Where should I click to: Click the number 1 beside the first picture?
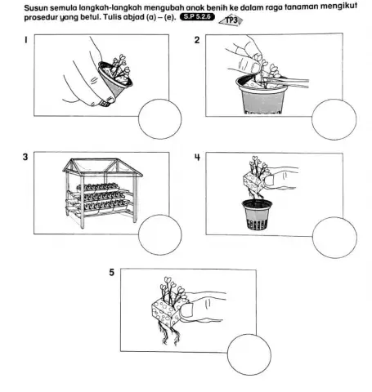click(26, 40)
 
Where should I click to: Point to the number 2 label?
click(197, 40)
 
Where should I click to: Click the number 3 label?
click(25, 157)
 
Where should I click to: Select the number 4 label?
click(197, 157)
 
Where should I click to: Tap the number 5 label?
click(112, 273)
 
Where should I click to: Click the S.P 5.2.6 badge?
click(197, 17)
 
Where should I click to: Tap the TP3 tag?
click(231, 20)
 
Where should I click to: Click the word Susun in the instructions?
click(33, 8)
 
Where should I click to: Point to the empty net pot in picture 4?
click(257, 215)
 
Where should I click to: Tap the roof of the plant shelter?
click(102, 167)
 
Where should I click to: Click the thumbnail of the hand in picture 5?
click(186, 310)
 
